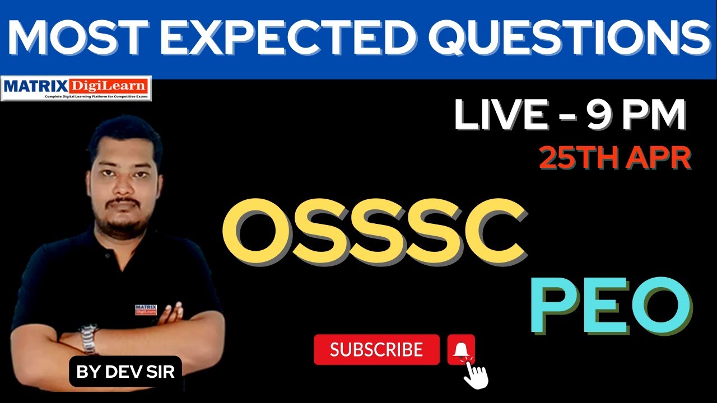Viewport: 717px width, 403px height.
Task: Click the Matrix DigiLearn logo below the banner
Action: tap(76, 88)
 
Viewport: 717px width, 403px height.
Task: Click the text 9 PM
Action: tap(636, 116)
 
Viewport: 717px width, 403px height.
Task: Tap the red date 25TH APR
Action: tap(614, 159)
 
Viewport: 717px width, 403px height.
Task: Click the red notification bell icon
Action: tap(460, 349)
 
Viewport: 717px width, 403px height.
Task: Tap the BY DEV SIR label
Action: tap(125, 371)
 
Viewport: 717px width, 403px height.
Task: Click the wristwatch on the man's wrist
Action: tap(88, 338)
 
